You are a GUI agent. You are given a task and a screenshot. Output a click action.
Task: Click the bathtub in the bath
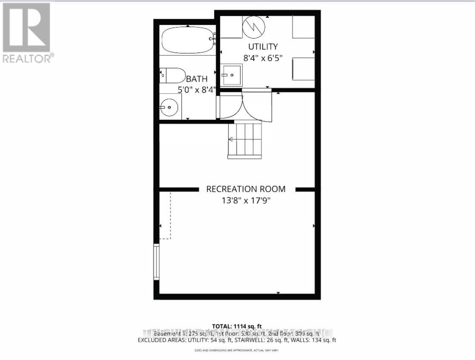click(188, 40)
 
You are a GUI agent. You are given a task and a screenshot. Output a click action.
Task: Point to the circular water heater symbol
click(254, 26)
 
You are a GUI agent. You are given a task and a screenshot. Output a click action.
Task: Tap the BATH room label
click(197, 79)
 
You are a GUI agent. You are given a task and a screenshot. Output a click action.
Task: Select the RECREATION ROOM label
click(246, 189)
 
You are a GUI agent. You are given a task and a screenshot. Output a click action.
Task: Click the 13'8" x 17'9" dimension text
click(246, 200)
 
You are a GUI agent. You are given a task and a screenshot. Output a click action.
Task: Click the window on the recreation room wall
click(156, 261)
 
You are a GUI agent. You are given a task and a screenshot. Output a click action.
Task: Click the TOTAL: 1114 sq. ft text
click(237, 326)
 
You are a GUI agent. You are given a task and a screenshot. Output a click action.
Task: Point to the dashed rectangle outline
click(165, 215)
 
